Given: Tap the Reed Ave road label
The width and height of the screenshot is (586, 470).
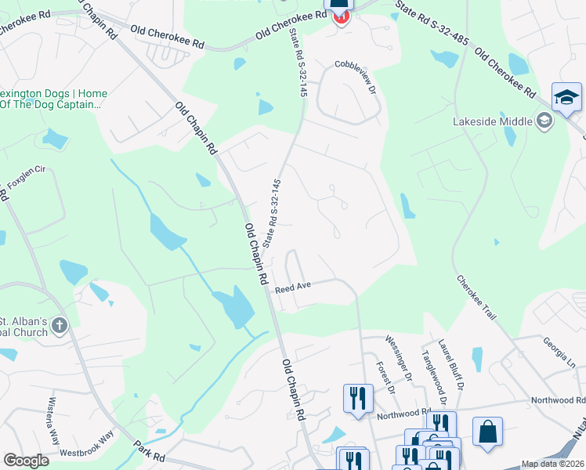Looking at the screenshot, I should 293,287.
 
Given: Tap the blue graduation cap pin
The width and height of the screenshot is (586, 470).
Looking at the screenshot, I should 566,98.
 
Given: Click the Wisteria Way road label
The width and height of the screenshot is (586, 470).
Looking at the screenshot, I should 48,419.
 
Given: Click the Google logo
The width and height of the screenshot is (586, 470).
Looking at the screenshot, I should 26,461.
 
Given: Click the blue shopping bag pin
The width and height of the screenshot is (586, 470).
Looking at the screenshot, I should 487,432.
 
